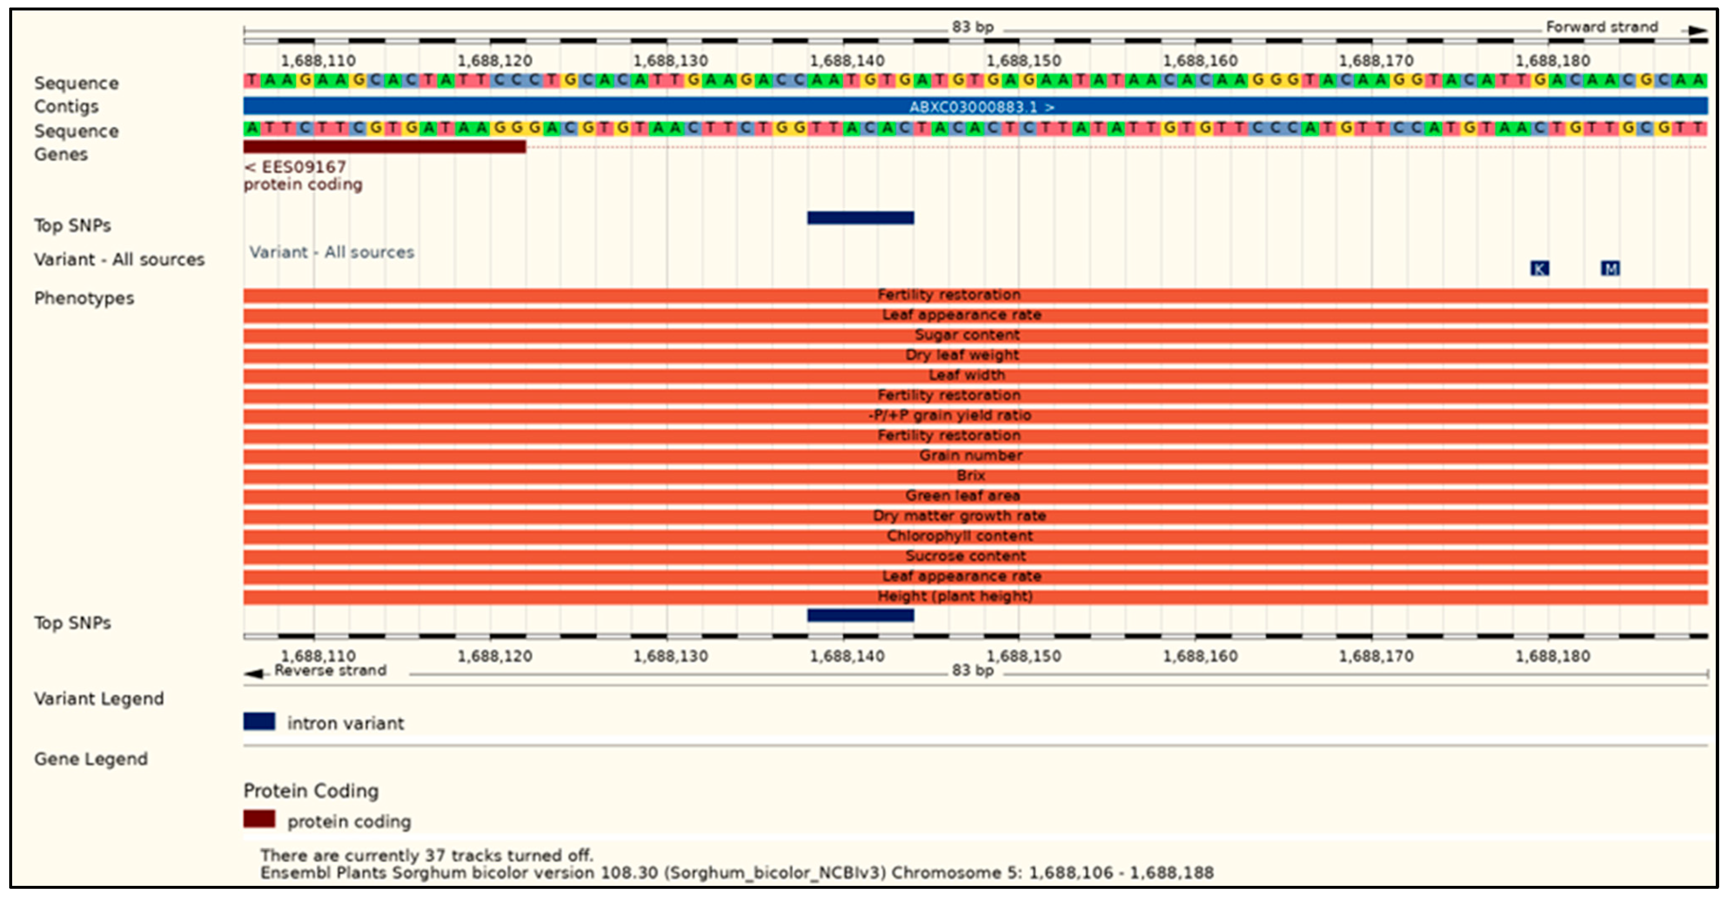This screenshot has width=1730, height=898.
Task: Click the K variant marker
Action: (x=1539, y=269)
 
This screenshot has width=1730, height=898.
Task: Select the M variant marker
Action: (x=1610, y=269)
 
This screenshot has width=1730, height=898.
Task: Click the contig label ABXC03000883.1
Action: (x=981, y=107)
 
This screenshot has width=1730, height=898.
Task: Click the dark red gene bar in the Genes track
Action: (x=384, y=146)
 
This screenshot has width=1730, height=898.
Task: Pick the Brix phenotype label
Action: (x=971, y=475)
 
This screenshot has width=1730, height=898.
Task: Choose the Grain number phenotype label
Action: (x=971, y=455)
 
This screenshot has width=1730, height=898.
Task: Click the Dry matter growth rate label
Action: (x=959, y=516)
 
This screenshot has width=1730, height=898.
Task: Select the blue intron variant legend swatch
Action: (x=259, y=722)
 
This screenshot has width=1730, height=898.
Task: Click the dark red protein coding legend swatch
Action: (x=259, y=819)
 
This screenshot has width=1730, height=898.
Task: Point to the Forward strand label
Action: (x=1601, y=27)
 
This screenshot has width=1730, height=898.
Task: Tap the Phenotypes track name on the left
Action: (x=84, y=298)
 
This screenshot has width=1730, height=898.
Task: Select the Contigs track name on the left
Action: (x=66, y=107)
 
